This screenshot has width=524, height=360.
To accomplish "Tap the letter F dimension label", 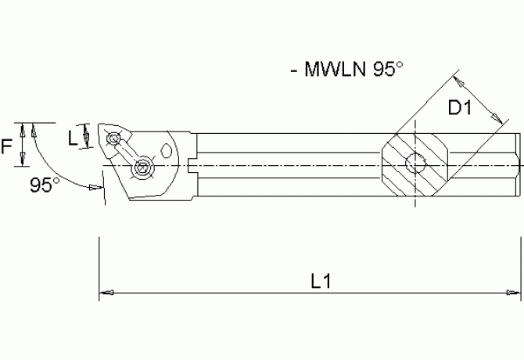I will tap(8, 145).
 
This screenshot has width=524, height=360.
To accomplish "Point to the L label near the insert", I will tap(73, 139).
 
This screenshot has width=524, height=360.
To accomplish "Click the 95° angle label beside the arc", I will tap(45, 185).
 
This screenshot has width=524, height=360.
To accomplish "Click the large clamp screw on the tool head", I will tap(143, 167).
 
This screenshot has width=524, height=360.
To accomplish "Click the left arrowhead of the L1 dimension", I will tap(105, 294).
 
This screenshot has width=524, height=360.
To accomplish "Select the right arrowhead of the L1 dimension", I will tap(516, 294).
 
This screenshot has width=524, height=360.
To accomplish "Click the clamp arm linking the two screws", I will tap(128, 153).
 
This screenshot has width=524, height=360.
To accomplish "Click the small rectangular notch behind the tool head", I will tap(192, 165).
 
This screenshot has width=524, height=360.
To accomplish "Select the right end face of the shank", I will tap(517, 164).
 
